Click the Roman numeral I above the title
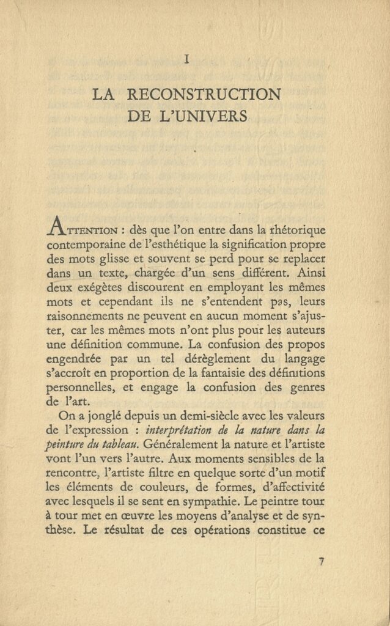click(x=186, y=59)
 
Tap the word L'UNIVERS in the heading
click(x=211, y=116)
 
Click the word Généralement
click(x=177, y=445)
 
